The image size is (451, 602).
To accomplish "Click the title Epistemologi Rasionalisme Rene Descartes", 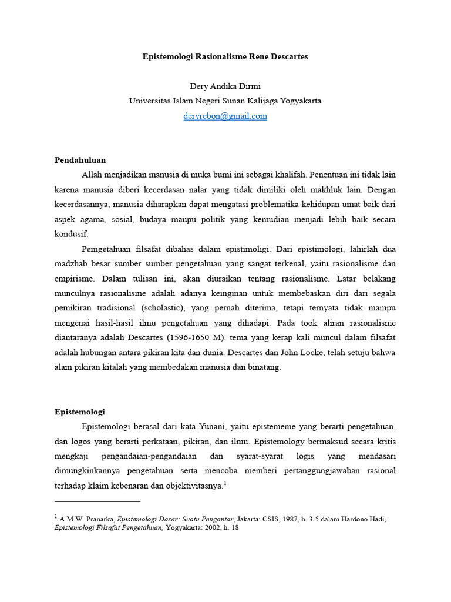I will point(225,57).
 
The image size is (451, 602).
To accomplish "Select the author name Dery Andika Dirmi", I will point(225,86).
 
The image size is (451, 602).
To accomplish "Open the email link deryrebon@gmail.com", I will point(225,116).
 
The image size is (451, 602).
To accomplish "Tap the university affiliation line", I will point(225,101).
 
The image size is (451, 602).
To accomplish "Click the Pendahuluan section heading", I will point(80,160).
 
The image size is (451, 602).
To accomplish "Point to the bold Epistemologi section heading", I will point(79,412).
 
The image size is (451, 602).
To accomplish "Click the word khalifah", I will point(290,175).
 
